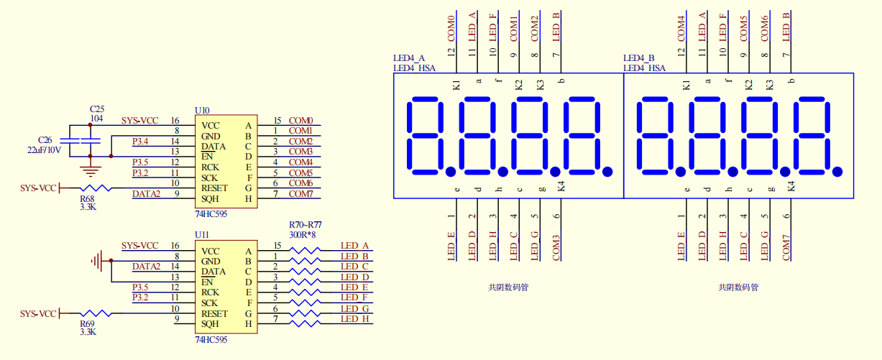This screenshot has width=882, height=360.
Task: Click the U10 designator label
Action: click(x=203, y=111)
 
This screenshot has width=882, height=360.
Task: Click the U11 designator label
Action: click(x=203, y=235)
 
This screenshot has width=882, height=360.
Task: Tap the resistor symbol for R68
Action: click(x=96, y=188)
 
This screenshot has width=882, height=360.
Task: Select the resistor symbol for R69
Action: click(x=96, y=314)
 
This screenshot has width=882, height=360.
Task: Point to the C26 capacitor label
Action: click(x=45, y=140)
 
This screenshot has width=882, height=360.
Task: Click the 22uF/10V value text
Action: click(x=45, y=150)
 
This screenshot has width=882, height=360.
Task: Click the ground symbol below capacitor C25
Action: click(x=90, y=171)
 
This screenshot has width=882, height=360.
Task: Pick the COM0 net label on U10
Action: click(x=300, y=121)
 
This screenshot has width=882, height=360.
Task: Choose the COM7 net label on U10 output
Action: click(x=300, y=194)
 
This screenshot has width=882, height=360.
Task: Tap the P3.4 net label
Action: click(x=140, y=141)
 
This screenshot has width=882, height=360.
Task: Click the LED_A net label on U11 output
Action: click(x=354, y=246)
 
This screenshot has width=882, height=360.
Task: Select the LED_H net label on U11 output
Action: click(x=354, y=319)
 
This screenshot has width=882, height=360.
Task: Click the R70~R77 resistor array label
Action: click(x=305, y=225)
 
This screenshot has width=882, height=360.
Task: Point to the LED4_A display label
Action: click(x=409, y=58)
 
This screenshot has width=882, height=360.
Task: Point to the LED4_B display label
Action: click(x=639, y=58)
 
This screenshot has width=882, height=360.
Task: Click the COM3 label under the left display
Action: click(x=556, y=248)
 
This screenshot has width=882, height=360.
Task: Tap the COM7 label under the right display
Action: click(x=786, y=248)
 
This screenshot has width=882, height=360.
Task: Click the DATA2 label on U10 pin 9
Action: click(x=146, y=194)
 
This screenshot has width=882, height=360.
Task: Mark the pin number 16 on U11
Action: click(x=175, y=246)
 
